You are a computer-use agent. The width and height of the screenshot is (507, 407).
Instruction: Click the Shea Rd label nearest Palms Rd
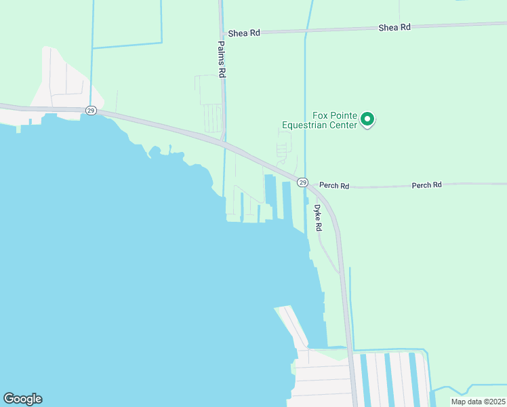244,33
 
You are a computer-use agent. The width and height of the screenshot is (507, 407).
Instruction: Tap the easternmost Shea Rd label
394,27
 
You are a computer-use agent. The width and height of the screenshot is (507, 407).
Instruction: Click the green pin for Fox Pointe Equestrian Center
367,119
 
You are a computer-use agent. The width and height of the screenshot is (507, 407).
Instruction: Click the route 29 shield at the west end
91,110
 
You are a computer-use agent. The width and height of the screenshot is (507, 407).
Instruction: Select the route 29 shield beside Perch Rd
303,182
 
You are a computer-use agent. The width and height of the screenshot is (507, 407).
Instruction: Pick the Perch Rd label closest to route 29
334,185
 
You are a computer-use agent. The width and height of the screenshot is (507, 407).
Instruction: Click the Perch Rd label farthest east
426,185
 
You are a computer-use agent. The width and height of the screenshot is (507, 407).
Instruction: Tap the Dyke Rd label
317,218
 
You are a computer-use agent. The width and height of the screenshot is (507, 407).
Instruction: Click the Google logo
22,399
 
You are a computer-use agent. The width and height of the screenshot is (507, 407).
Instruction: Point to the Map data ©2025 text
477,402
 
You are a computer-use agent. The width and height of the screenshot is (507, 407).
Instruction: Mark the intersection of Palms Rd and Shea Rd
222,33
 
